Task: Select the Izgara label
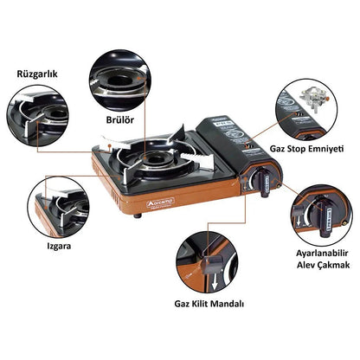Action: [35, 246]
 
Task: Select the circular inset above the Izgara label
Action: [57, 202]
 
